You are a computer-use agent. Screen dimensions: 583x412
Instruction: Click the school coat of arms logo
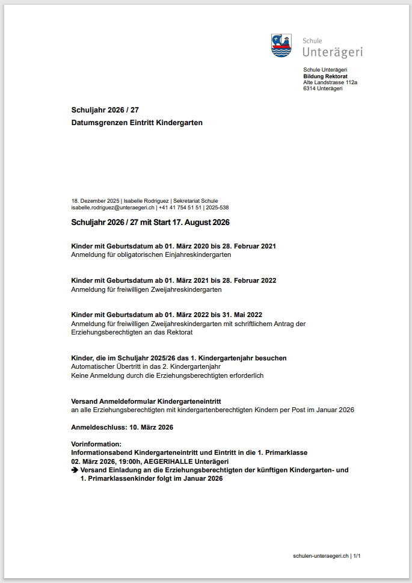point(281,45)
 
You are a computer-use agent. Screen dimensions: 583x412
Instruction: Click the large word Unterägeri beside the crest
point(333,52)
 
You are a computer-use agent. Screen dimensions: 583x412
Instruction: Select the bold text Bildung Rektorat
point(325,76)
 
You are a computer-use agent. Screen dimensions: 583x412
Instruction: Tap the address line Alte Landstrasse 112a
point(330,82)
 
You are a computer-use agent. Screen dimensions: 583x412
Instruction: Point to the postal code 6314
point(309,88)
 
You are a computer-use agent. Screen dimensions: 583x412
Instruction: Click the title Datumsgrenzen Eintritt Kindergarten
point(137,123)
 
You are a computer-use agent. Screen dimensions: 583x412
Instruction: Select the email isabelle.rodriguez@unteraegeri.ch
point(113,207)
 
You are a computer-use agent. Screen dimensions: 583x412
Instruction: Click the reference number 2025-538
point(217,207)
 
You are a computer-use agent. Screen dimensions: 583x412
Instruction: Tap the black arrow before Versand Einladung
point(75,470)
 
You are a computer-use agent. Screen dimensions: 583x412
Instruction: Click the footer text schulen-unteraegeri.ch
point(321,556)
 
